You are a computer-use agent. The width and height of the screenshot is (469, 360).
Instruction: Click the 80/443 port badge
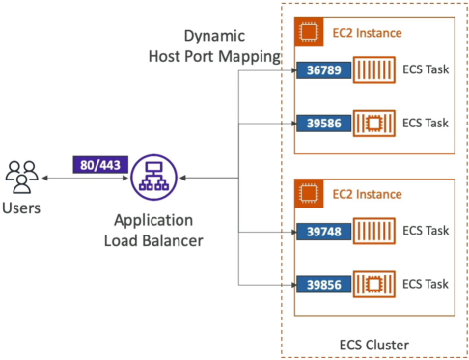tap(100, 165)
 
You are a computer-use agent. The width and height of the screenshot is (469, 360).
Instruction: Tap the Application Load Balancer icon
tap(154, 178)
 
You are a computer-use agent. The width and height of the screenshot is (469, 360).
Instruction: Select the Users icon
tap(21, 178)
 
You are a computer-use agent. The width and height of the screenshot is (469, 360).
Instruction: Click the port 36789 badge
tap(323, 70)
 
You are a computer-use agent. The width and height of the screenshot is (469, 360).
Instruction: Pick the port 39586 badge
tap(323, 124)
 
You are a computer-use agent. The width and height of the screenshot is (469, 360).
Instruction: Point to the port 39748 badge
tap(323, 232)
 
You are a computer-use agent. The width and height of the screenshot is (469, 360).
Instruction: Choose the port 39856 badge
tap(323, 285)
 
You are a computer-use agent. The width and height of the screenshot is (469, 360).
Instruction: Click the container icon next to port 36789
tap(374, 69)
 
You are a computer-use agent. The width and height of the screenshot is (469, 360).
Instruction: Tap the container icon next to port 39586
tap(374, 124)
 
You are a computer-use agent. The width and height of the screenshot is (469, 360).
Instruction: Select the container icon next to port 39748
tap(374, 231)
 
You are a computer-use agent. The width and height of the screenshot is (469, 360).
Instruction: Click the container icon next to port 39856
tap(374, 284)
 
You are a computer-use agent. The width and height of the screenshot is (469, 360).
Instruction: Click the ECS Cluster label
tap(374, 345)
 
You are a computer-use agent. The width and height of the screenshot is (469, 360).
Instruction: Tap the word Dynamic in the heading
tap(214, 37)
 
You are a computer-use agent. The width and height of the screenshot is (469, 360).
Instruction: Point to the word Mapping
tap(250, 57)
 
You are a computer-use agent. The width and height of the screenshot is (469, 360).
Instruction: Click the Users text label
tap(21, 208)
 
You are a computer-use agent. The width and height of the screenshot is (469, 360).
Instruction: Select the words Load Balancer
tap(153, 240)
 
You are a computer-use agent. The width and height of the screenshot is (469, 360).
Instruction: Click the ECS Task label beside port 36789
tap(426, 69)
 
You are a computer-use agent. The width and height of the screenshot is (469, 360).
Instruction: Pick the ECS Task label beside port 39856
tap(426, 284)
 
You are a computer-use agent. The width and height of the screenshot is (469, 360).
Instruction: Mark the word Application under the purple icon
tap(153, 221)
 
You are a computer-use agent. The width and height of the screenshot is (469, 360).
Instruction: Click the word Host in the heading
tap(164, 56)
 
